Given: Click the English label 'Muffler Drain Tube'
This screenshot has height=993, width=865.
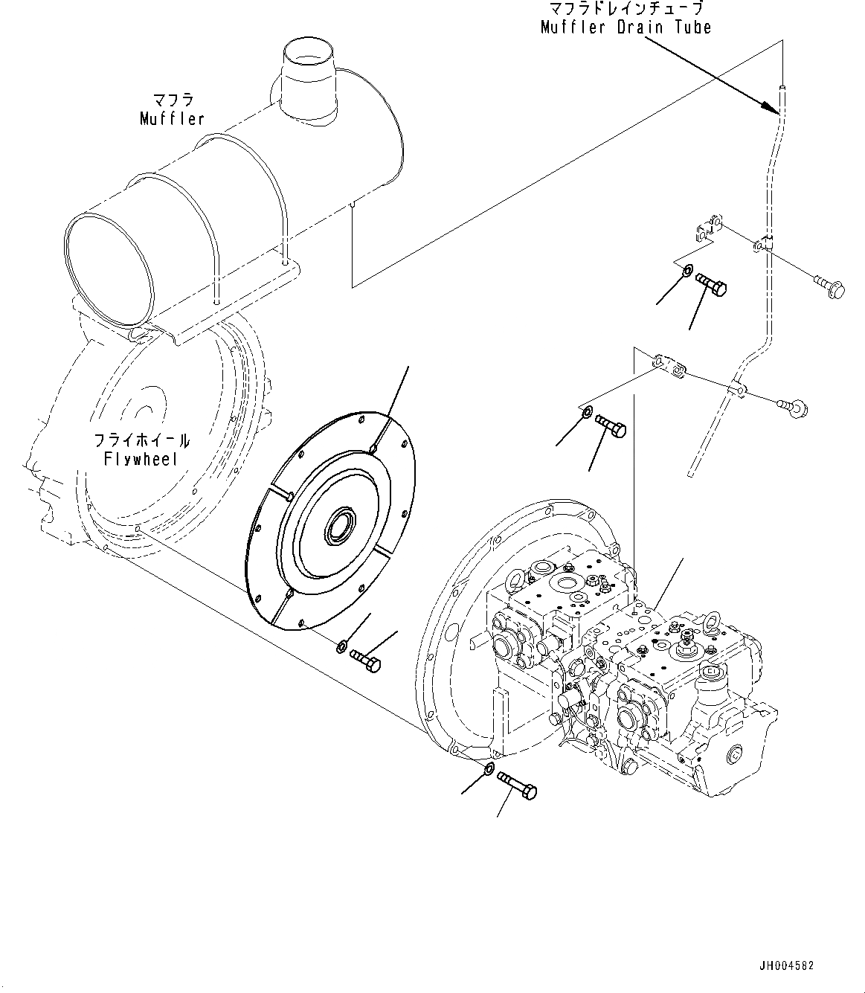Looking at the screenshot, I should click(626, 28).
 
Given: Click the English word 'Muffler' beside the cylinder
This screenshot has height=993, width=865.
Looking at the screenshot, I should click(172, 118).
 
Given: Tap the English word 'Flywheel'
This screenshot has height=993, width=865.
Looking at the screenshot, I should click(141, 458).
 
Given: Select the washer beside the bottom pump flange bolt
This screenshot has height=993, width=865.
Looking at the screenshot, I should click(489, 768).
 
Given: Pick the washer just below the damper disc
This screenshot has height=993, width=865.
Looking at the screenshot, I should click(341, 645).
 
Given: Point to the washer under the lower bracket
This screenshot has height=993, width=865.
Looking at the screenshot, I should click(587, 411).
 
